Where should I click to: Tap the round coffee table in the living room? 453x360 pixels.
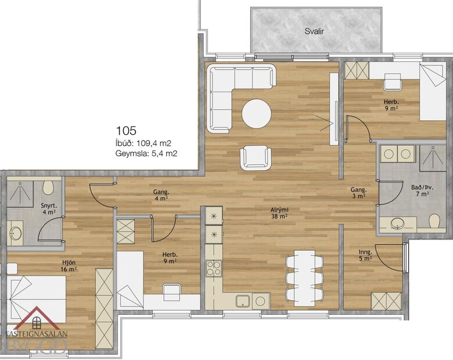(x=256, y=114)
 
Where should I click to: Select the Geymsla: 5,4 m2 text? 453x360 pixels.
(x=146, y=154)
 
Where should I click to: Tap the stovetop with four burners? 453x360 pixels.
(x=213, y=269)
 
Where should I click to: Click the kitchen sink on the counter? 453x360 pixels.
(x=243, y=301)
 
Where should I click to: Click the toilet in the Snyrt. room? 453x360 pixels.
(x=49, y=187)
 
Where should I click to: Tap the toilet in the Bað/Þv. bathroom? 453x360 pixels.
(x=434, y=221)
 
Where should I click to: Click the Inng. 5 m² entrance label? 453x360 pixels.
(x=365, y=255)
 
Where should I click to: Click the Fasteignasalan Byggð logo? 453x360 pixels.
(x=36, y=334)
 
